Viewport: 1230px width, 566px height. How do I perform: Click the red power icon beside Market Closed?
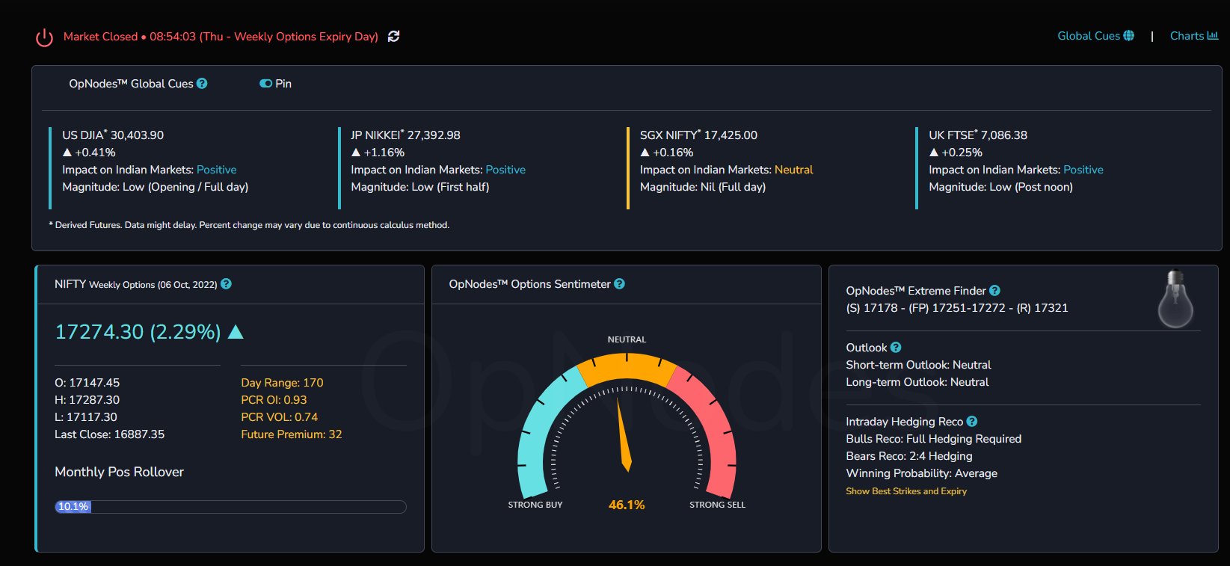pos(44,37)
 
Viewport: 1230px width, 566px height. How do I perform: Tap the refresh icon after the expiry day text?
pos(394,36)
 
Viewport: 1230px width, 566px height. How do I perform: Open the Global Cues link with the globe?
pos(1095,36)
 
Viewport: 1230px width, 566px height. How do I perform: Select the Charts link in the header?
pos(1194,36)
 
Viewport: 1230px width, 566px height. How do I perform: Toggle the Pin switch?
pos(265,84)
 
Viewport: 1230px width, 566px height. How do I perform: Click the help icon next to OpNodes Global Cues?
pos(202,84)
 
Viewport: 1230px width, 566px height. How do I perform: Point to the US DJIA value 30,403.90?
pos(138,135)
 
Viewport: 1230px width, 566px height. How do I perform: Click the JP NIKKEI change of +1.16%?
pos(384,152)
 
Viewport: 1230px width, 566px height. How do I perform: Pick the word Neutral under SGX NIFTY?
pos(793,170)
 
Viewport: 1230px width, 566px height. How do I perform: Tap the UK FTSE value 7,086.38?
pos(1003,135)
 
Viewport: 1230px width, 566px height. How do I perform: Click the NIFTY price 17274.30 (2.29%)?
pos(138,331)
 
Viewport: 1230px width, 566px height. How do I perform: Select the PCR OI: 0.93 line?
pos(274,400)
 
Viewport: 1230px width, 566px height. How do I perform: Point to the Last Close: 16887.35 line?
pos(109,434)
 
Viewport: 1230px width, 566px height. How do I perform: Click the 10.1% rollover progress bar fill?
pos(73,506)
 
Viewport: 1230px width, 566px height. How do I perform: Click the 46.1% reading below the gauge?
pos(627,505)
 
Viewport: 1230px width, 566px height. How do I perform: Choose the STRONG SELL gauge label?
pos(717,505)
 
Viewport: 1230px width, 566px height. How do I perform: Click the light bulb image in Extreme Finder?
pos(1175,299)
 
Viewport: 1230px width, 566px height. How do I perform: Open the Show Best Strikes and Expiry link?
pos(906,490)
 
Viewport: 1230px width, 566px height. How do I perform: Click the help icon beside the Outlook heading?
pos(896,348)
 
